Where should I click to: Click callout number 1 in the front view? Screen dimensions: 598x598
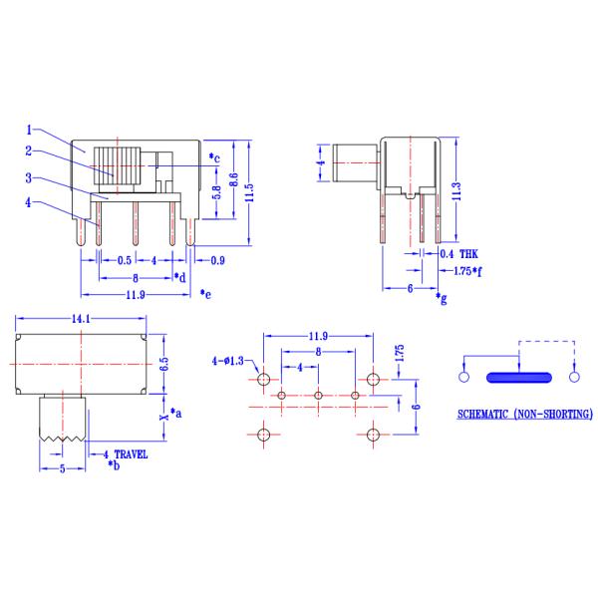point(31,129)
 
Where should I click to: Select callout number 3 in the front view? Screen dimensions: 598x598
point(31,178)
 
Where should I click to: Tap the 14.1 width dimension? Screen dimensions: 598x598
point(83,319)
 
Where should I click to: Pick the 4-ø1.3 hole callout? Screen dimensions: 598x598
point(230,360)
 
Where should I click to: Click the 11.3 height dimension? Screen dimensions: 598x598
point(455,190)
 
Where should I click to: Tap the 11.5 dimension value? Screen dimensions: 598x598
point(252,191)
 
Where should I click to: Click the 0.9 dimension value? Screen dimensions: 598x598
point(217,261)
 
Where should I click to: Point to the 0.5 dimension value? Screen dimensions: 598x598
point(123,261)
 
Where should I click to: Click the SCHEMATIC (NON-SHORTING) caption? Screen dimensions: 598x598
point(523,414)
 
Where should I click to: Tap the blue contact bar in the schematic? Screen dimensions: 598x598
point(518,378)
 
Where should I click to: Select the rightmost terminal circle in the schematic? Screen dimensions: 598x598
point(573,378)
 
